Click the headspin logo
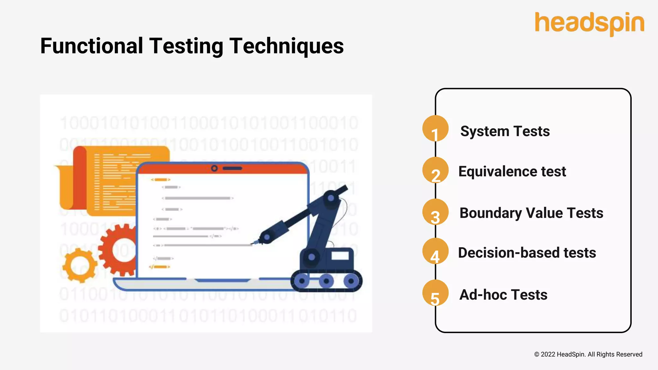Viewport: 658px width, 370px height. click(x=589, y=23)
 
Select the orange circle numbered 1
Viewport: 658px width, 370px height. click(x=435, y=129)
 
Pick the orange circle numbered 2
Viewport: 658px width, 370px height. click(x=435, y=171)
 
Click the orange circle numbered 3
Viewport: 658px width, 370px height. click(x=435, y=212)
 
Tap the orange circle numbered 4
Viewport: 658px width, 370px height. click(x=435, y=251)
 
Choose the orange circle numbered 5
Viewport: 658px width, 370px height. click(x=435, y=293)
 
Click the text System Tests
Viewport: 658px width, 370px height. click(x=505, y=131)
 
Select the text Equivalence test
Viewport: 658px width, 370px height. click(x=512, y=172)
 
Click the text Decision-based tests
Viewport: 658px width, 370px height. click(x=527, y=253)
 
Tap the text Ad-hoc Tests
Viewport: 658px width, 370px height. click(x=503, y=295)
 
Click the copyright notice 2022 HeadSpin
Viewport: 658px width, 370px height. click(x=588, y=354)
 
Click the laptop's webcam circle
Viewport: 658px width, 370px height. click(x=214, y=168)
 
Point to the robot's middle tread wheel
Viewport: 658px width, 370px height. click(x=326, y=281)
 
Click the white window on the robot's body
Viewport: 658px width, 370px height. click(x=340, y=256)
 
